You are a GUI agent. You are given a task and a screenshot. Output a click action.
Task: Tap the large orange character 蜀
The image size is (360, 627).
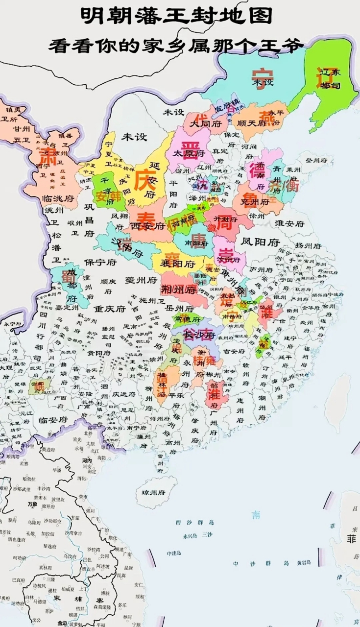68,277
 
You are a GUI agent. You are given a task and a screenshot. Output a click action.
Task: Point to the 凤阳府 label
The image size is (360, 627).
261,242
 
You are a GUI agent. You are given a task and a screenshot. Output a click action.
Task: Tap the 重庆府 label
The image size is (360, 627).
110,309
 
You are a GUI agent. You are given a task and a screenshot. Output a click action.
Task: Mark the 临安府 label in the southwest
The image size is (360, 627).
51,420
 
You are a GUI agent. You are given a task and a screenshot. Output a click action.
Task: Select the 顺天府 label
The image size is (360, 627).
251,123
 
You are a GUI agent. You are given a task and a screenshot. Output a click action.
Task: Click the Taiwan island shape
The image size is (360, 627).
339,402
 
